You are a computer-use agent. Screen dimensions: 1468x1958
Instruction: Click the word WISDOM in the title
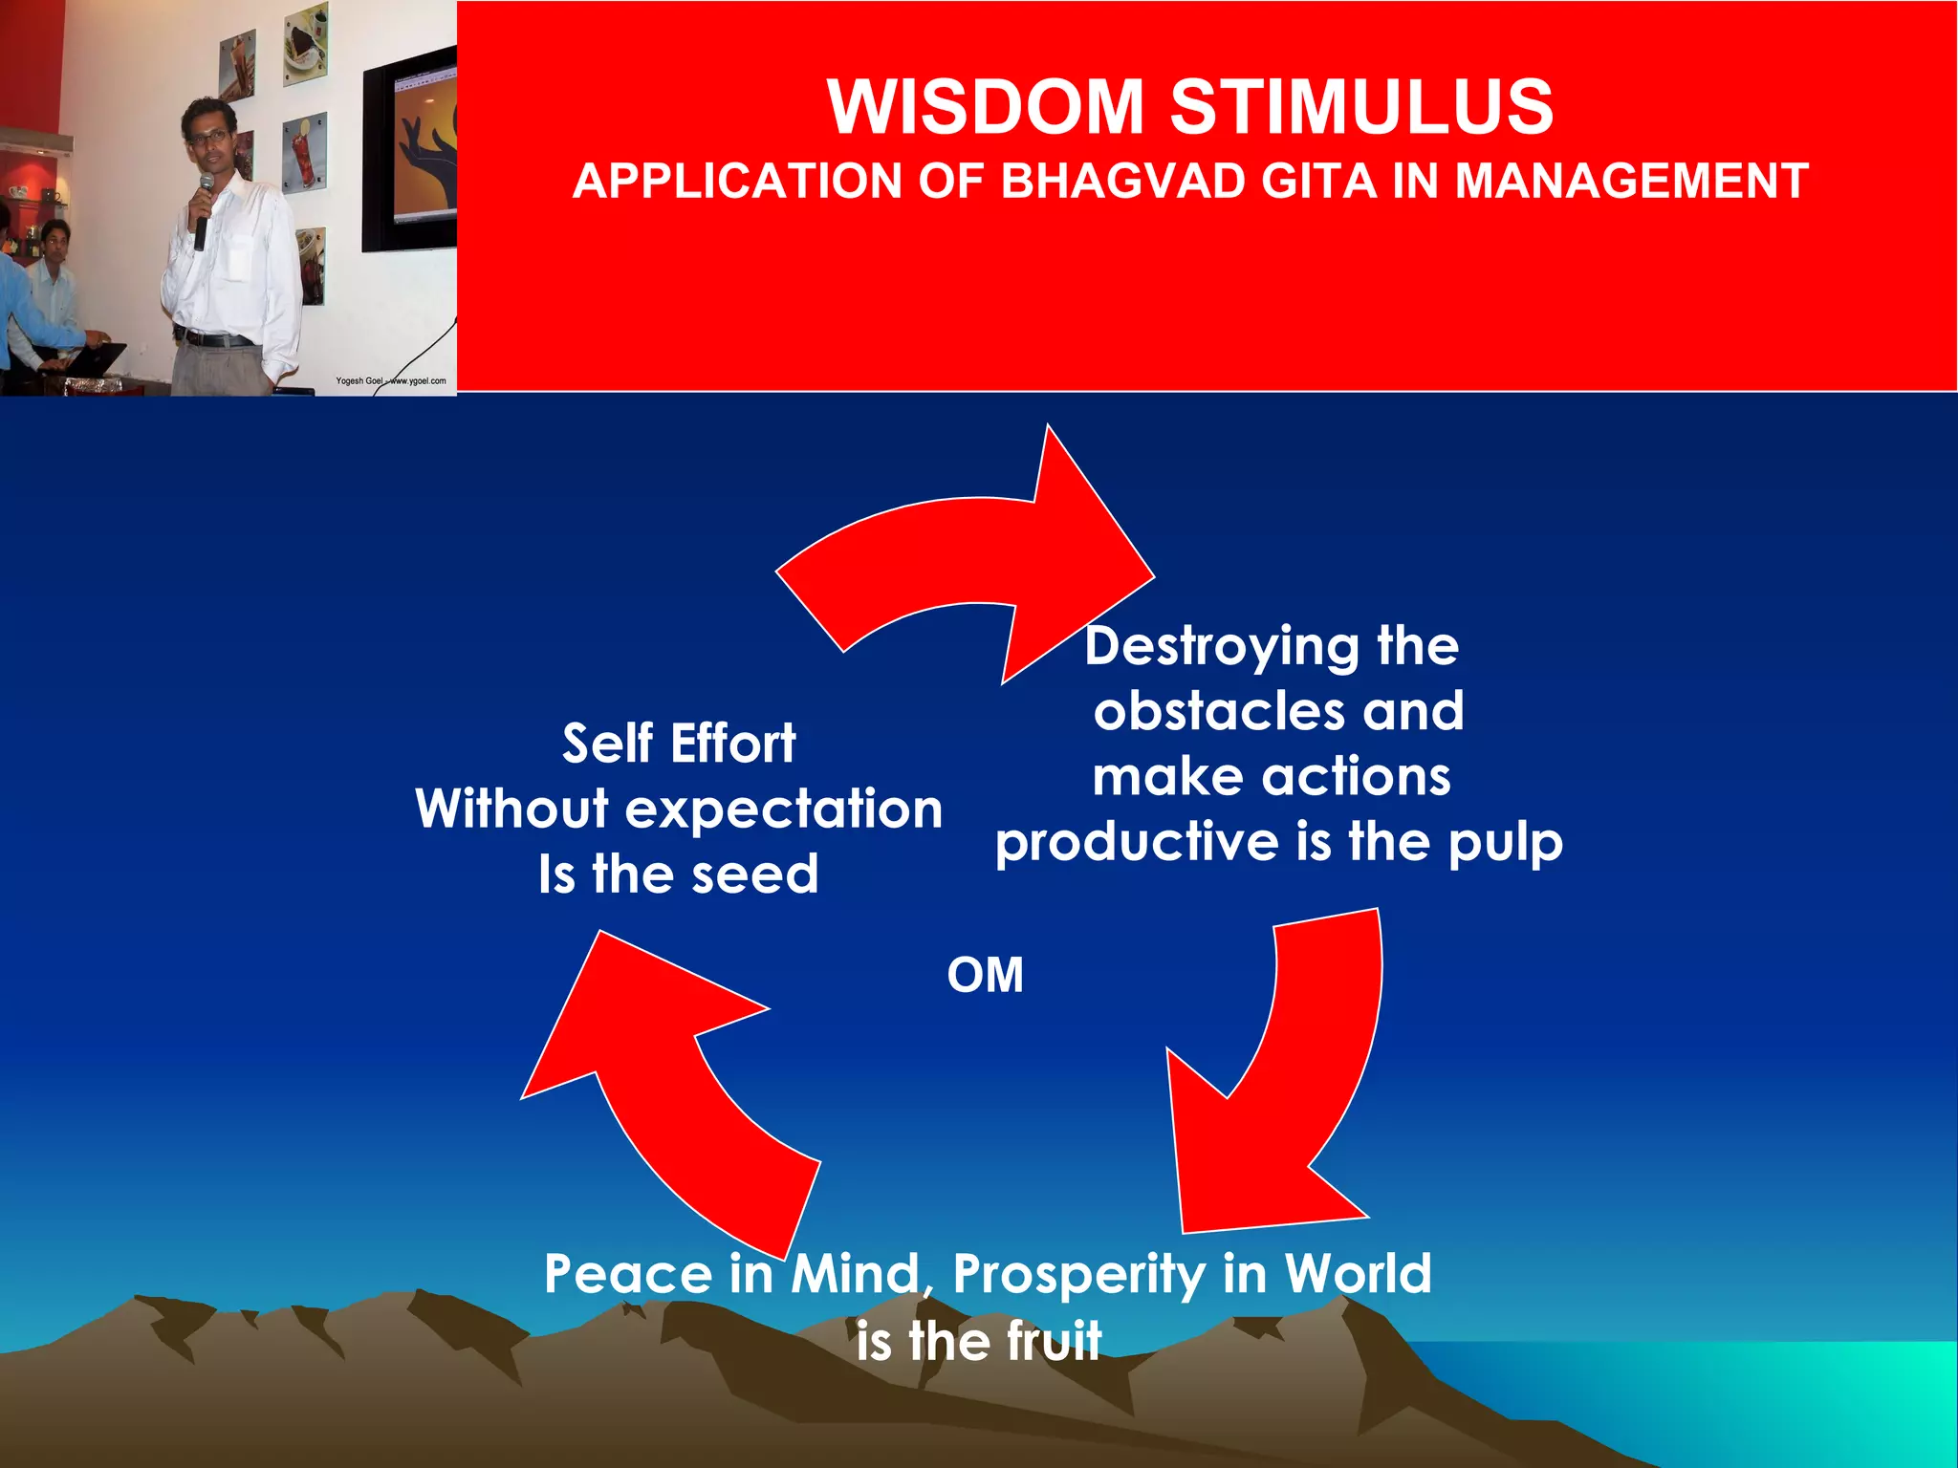pyautogui.click(x=985, y=106)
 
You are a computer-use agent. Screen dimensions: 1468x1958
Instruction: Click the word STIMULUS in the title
pyautogui.click(x=1361, y=106)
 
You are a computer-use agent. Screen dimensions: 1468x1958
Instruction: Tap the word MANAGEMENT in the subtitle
pyautogui.click(x=1631, y=181)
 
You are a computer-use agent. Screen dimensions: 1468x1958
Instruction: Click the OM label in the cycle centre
pyautogui.click(x=985, y=976)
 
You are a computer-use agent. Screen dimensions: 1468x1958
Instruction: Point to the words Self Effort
pyautogui.click(x=678, y=744)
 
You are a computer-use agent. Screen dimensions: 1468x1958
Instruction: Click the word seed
pyautogui.click(x=754, y=874)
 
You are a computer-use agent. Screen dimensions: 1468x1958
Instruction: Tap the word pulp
pyautogui.click(x=1505, y=843)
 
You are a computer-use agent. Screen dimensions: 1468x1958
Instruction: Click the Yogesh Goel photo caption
pyautogui.click(x=390, y=380)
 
